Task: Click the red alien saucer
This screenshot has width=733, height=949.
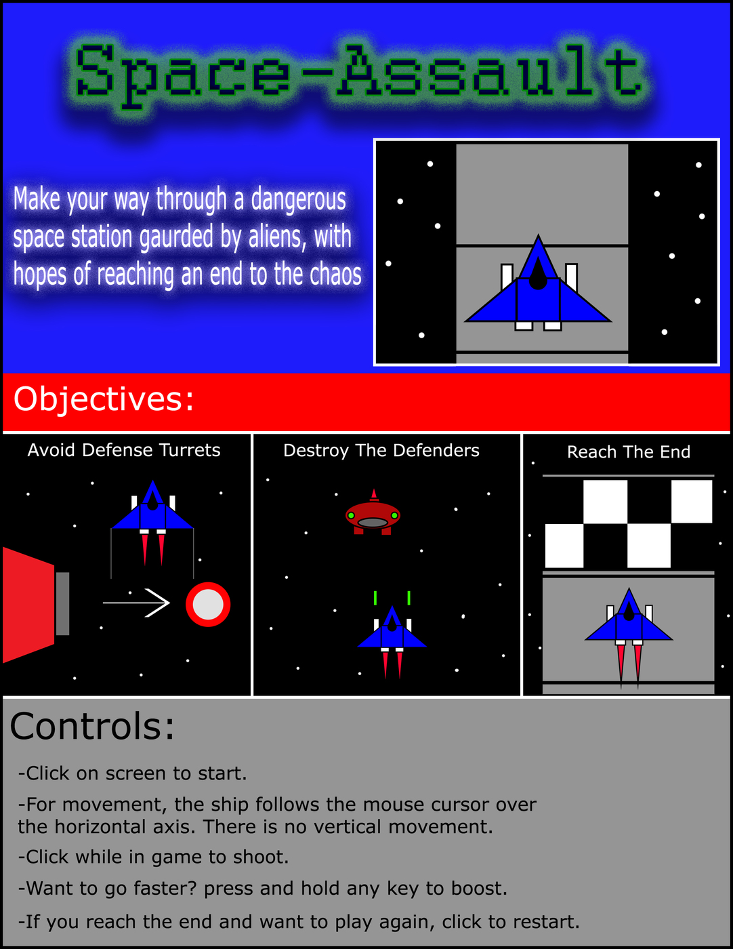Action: pyautogui.click(x=373, y=512)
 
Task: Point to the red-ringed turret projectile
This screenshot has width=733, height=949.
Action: pyautogui.click(x=208, y=605)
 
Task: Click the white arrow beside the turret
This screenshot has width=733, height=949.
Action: pyautogui.click(x=136, y=603)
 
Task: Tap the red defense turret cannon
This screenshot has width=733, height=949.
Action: pyautogui.click(x=36, y=605)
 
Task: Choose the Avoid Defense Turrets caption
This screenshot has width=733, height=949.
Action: pyautogui.click(x=124, y=450)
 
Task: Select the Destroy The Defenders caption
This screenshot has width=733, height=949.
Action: pyautogui.click(x=381, y=451)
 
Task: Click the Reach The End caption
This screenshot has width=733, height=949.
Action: pyautogui.click(x=629, y=452)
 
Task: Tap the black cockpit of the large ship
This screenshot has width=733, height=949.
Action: pyautogui.click(x=537, y=274)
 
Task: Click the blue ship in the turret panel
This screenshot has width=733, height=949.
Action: pyautogui.click(x=152, y=523)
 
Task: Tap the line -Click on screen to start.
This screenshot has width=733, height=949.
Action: pyautogui.click(x=133, y=773)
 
